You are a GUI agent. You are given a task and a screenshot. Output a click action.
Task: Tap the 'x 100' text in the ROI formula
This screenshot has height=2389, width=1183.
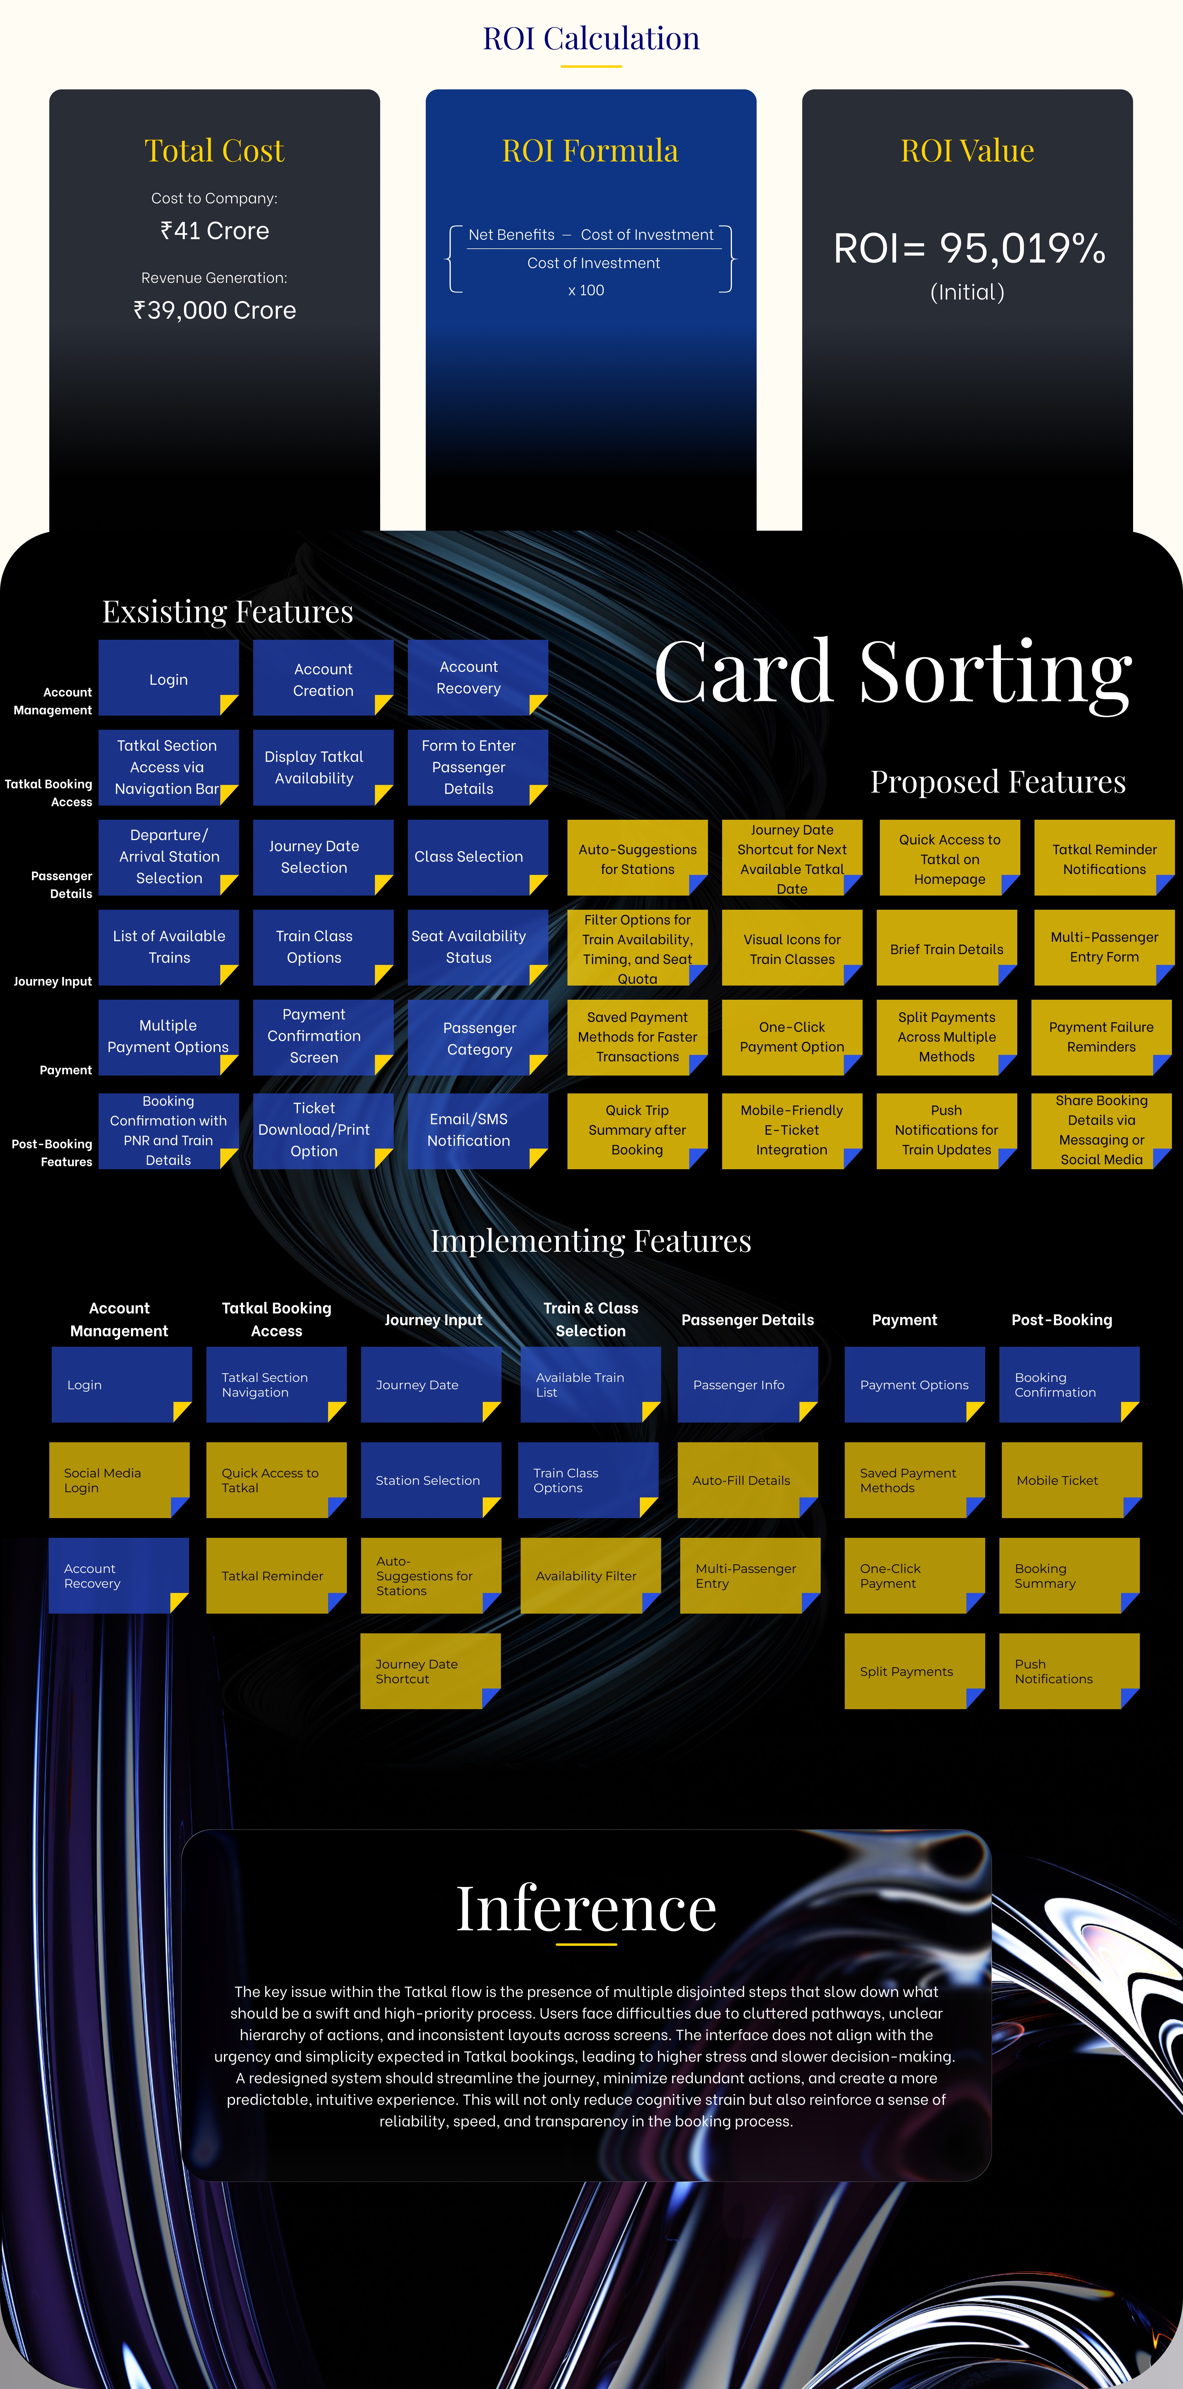pyautogui.click(x=586, y=290)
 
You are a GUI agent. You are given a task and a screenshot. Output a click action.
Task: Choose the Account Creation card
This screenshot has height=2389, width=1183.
pyautogui.click(x=323, y=679)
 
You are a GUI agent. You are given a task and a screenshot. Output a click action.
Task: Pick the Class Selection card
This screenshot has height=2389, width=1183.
pyautogui.click(x=468, y=857)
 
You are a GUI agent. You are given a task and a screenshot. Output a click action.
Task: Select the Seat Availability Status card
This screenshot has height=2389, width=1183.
pyautogui.click(x=468, y=947)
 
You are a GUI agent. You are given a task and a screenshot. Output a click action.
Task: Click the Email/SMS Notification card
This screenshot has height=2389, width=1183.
pyautogui.click(x=468, y=1129)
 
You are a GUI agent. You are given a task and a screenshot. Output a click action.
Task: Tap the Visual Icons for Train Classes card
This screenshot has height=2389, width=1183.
pyautogui.click(x=792, y=949)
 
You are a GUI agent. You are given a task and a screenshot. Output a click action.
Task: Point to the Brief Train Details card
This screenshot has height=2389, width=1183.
pyautogui.click(x=947, y=949)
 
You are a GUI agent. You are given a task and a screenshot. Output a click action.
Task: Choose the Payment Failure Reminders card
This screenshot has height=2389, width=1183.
pyautogui.click(x=1101, y=1037)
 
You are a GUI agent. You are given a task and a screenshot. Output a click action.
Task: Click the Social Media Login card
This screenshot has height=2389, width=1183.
pyautogui.click(x=119, y=1480)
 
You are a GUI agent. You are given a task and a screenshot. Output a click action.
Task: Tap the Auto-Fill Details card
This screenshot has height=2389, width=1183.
pyautogui.click(x=747, y=1480)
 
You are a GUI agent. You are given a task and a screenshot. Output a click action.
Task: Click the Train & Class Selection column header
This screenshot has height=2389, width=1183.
pyautogui.click(x=591, y=1319)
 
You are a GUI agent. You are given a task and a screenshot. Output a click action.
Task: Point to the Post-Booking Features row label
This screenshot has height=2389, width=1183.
pyautogui.click(x=53, y=1153)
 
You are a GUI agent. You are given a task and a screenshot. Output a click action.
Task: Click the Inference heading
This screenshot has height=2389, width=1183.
pyautogui.click(x=586, y=1909)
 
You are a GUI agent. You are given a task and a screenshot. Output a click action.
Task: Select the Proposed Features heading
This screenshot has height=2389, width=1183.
pyautogui.click(x=998, y=782)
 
